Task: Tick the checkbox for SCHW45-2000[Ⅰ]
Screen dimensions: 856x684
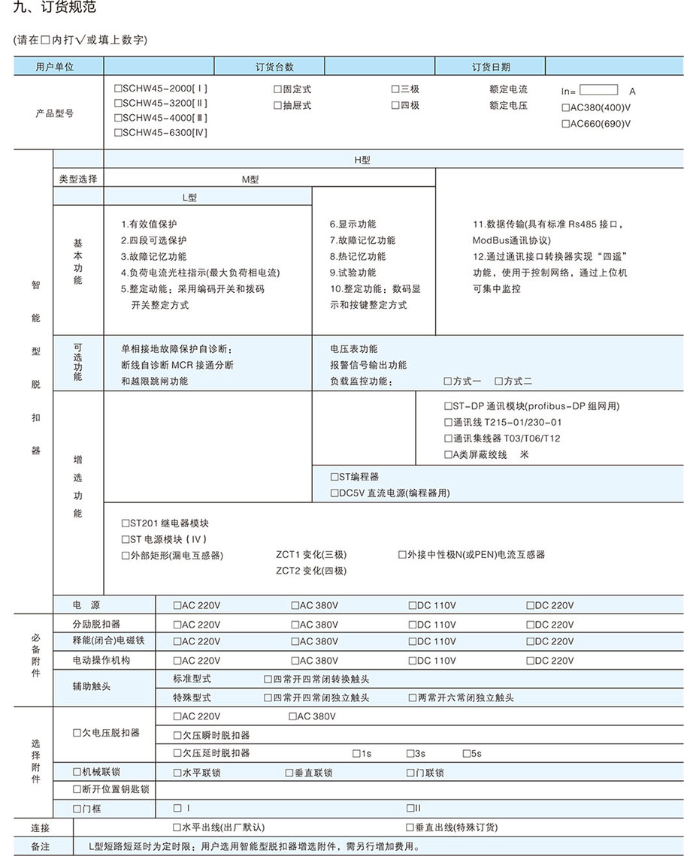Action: point(119,89)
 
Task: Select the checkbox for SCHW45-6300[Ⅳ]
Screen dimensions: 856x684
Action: point(119,132)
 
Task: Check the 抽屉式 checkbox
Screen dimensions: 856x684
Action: point(277,105)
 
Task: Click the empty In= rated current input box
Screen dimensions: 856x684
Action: point(598,89)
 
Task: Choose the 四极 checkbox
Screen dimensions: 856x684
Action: point(395,105)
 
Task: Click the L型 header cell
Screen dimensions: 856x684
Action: point(189,197)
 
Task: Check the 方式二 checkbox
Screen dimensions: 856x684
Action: point(499,381)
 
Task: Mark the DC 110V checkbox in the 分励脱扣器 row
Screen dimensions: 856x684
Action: point(413,625)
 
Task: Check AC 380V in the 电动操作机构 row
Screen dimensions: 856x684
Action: point(295,661)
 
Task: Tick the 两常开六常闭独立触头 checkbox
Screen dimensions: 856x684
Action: point(413,698)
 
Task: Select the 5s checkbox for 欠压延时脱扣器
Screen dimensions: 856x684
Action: point(467,753)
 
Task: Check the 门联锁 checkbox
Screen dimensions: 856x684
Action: point(411,773)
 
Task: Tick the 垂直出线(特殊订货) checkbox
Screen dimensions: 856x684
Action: point(410,827)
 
